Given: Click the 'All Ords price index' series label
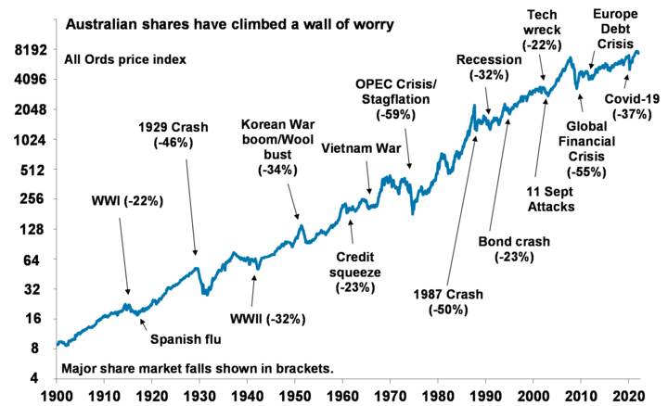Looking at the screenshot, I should click(125, 59).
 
